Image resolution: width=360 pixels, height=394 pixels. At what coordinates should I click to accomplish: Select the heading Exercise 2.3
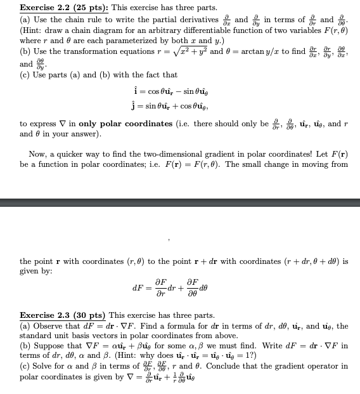46,315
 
